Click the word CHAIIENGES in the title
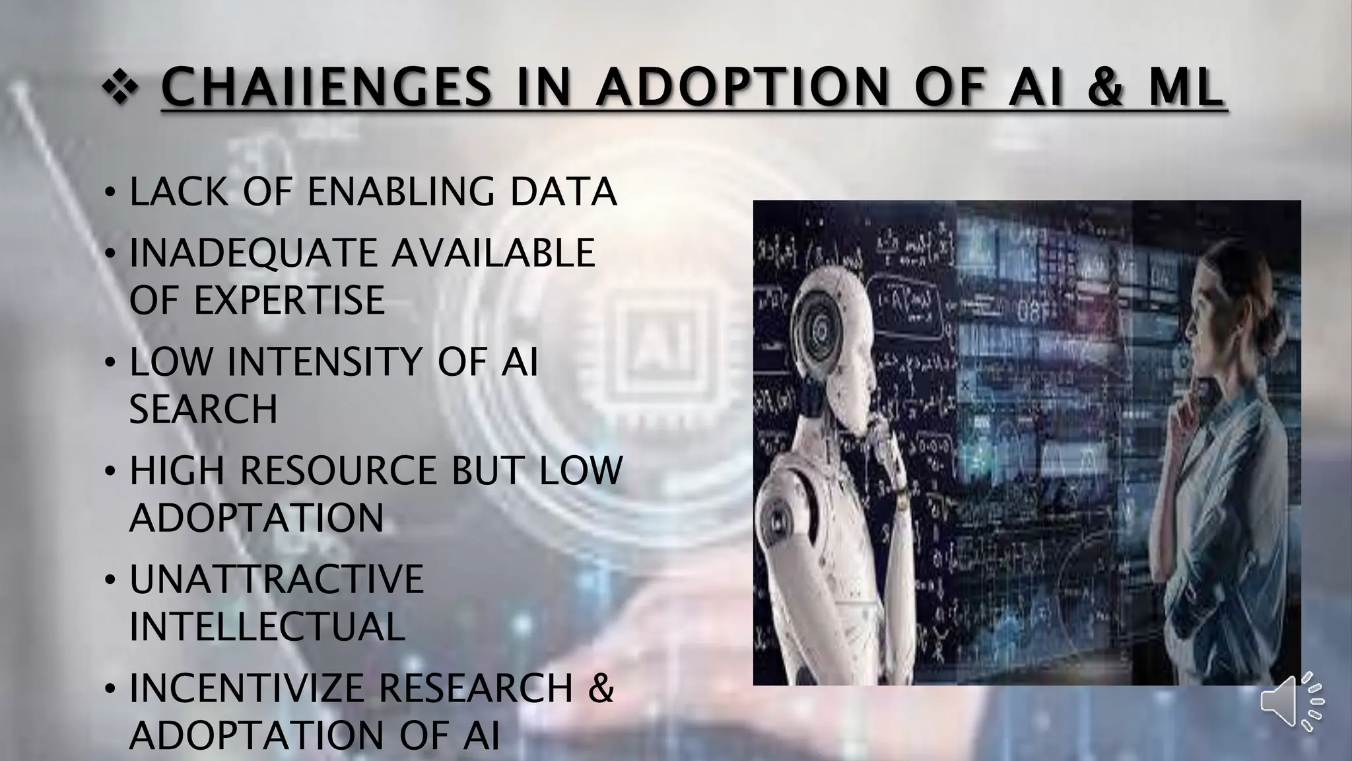[x=326, y=89]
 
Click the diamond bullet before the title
[x=120, y=89]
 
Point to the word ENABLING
[x=401, y=192]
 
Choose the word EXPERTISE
[x=288, y=301]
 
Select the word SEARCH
[x=203, y=410]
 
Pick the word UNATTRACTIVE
[x=276, y=579]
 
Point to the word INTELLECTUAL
[x=267, y=627]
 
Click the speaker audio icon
[x=1292, y=702]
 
